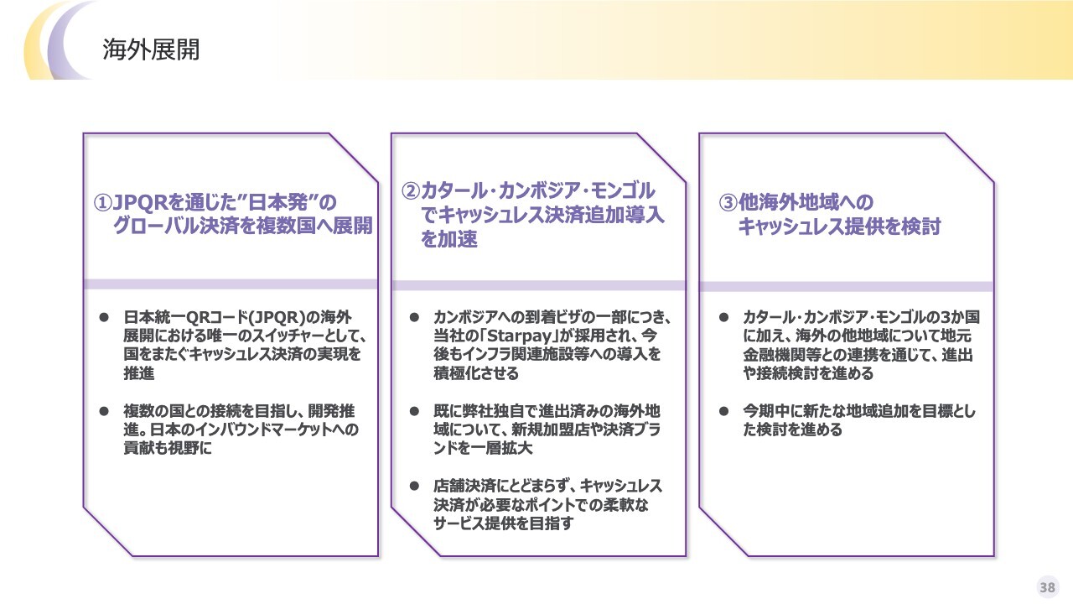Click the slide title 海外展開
pyautogui.click(x=151, y=49)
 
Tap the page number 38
pyautogui.click(x=1048, y=587)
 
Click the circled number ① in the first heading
pyautogui.click(x=102, y=203)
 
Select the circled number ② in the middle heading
pyautogui.click(x=411, y=190)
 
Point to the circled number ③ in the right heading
pyautogui.click(x=728, y=202)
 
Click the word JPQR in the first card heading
pyautogui.click(x=140, y=203)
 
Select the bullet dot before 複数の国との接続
pyautogui.click(x=104, y=411)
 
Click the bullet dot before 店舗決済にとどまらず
pyautogui.click(x=414, y=486)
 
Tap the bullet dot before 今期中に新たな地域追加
pyautogui.click(x=723, y=411)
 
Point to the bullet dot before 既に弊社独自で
pyautogui.click(x=414, y=411)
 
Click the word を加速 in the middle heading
pyautogui.click(x=448, y=239)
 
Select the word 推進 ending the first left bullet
pyautogui.click(x=139, y=373)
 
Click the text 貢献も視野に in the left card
pyautogui.click(x=168, y=448)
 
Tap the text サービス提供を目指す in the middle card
pyautogui.click(x=503, y=523)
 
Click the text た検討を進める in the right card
pyautogui.click(x=792, y=430)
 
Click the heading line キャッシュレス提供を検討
pyautogui.click(x=839, y=226)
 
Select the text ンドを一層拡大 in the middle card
pyautogui.click(x=483, y=448)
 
